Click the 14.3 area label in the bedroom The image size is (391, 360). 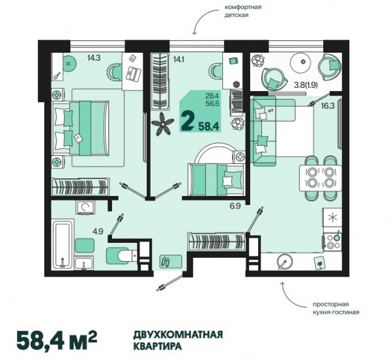coord(94,58)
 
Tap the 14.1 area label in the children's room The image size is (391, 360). coord(179,59)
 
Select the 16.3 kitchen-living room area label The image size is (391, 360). coord(328,106)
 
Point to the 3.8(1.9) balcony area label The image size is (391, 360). coord(306,85)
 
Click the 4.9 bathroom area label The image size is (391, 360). coord(98,232)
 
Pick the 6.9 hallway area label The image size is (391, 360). coord(235,206)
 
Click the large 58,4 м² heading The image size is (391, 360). coord(57,340)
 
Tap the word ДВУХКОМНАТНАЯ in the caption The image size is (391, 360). coord(178,335)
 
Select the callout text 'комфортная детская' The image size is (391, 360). coord(243,11)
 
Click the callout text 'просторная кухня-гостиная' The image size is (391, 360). coord(336,308)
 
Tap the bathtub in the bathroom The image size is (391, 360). coord(63,245)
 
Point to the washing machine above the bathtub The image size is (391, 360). coord(85,208)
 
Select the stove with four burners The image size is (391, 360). coord(332,241)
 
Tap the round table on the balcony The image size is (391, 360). coord(303,61)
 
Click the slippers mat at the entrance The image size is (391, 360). coord(171,262)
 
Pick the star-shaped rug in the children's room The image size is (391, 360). coord(162,124)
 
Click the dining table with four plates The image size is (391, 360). coord(321,178)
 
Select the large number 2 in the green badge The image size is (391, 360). coord(188,121)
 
